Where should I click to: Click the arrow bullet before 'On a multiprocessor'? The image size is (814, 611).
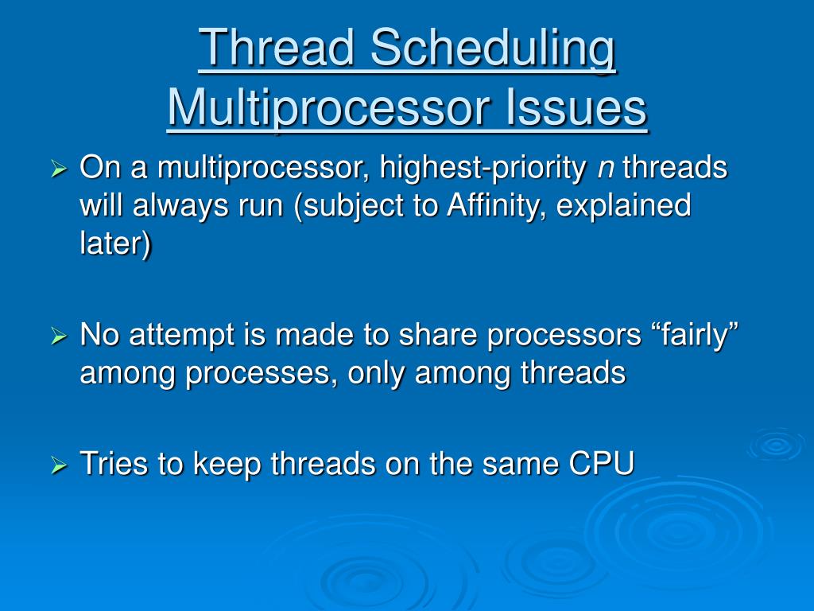tap(59, 169)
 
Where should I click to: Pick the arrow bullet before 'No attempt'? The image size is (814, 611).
tap(59, 337)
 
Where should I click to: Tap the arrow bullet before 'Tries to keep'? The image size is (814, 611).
tap(59, 465)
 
